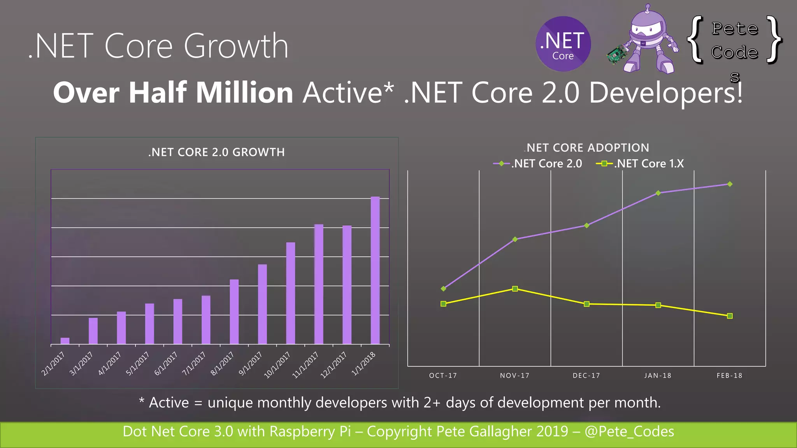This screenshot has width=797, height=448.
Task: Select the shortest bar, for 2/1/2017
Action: pos(65,341)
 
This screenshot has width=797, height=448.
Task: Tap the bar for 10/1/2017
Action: pos(290,293)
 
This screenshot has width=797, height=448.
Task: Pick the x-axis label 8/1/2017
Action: pos(223,363)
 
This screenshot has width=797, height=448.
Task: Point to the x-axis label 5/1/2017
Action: pos(138,363)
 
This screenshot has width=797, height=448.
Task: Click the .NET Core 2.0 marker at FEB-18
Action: pos(730,184)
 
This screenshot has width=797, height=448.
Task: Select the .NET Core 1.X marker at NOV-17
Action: pos(515,289)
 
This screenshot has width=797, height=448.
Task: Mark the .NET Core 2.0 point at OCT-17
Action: pos(443,289)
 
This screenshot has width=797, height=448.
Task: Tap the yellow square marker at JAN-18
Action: pos(658,305)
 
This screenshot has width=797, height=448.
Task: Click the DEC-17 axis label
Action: pos(586,376)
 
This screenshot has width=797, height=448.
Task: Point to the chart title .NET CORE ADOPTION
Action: pos(587,148)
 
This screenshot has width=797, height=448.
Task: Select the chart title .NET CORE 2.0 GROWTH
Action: pos(216,152)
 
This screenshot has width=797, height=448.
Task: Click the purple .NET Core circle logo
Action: pos(563,44)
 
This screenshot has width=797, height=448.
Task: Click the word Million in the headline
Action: pos(244,93)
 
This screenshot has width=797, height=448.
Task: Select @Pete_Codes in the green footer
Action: pos(629,432)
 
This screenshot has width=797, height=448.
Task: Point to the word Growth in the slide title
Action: pos(236,46)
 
